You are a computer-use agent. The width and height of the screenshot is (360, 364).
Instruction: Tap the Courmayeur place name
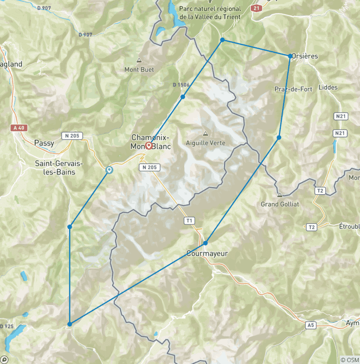(x=207, y=253)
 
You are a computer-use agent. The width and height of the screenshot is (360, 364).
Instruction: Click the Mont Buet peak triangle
(x=139, y=61)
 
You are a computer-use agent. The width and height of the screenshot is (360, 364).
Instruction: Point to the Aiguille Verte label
(x=206, y=143)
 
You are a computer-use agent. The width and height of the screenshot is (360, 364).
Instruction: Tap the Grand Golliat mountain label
(x=280, y=204)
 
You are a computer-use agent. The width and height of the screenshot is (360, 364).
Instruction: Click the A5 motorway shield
(x=310, y=325)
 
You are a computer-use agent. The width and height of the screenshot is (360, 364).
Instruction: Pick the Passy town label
(x=44, y=143)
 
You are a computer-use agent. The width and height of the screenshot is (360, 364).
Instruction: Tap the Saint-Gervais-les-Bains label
(x=59, y=167)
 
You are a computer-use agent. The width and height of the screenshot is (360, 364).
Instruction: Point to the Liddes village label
(x=327, y=87)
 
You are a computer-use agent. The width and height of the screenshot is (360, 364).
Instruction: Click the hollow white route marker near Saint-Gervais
(x=109, y=170)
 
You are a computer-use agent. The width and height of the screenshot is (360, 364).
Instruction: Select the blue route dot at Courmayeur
(x=205, y=243)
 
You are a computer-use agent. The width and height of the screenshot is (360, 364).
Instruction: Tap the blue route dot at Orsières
(x=290, y=56)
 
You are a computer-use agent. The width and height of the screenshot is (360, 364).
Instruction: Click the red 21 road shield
(x=256, y=8)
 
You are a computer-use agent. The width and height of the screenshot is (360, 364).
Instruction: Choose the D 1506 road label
(x=181, y=85)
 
